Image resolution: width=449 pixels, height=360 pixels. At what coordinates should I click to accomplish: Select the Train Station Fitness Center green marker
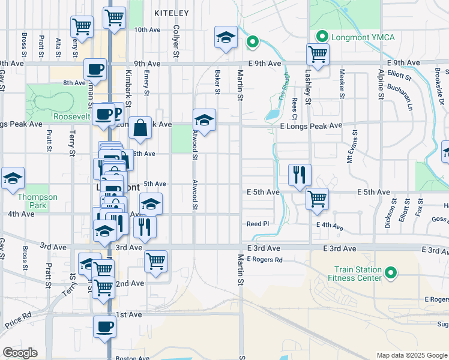(391, 274)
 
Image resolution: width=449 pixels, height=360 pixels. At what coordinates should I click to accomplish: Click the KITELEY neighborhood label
(171, 13)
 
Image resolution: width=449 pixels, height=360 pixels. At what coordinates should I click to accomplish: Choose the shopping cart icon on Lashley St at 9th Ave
(318, 55)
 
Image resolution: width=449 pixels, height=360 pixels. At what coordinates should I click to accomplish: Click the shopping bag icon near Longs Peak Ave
(139, 128)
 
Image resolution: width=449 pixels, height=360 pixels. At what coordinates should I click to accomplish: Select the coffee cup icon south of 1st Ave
(105, 327)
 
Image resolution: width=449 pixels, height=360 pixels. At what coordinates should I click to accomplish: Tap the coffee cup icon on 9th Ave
(95, 70)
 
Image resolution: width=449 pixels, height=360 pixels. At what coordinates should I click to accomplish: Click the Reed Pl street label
(258, 224)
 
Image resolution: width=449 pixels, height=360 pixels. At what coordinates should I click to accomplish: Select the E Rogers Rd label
(264, 260)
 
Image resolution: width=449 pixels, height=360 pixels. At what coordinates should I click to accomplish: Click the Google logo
(20, 353)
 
